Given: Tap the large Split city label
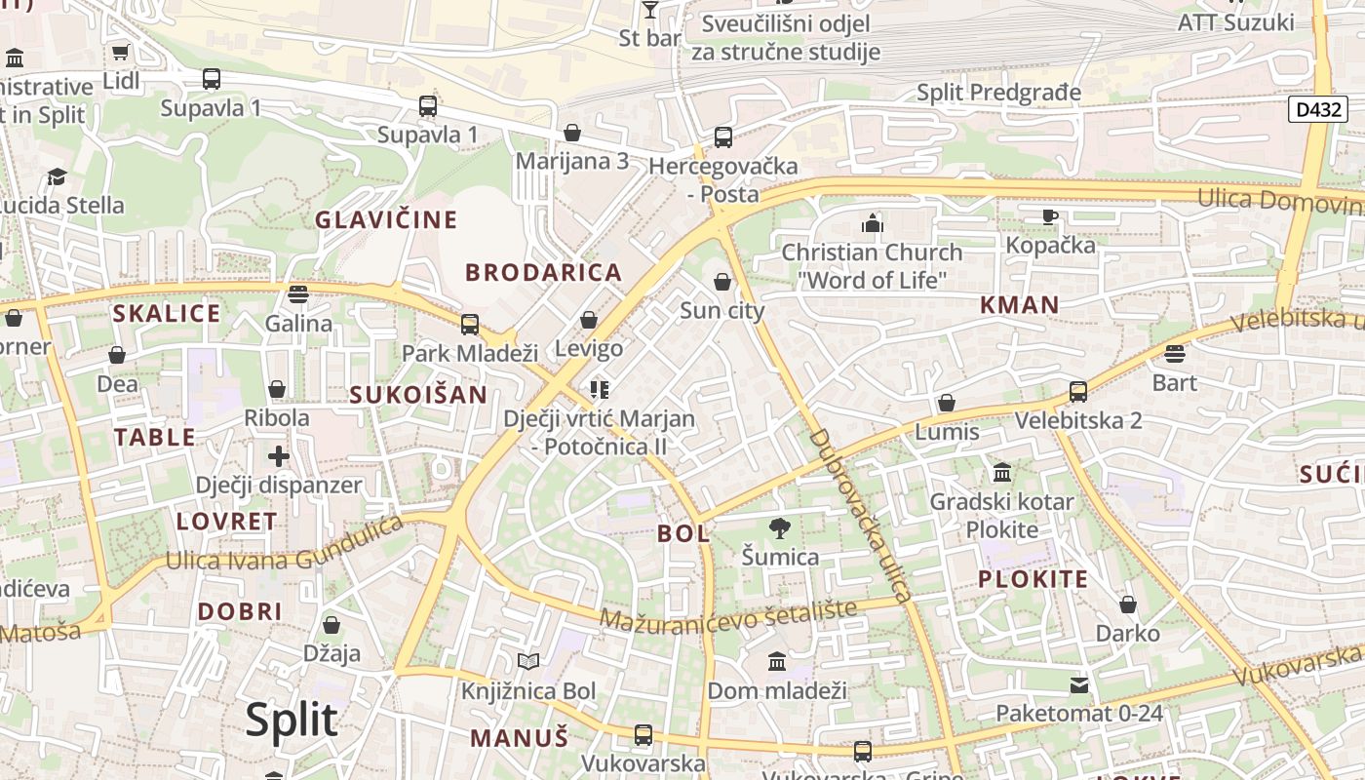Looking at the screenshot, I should [291, 721].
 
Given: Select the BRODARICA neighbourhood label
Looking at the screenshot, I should [543, 272].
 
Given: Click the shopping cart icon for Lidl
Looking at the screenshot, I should [120, 53].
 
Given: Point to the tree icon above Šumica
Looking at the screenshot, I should [779, 528].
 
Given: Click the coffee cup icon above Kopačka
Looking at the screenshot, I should [1049, 216].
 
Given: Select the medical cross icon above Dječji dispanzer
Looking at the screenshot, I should [279, 455].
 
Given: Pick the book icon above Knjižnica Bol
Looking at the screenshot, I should [528, 663].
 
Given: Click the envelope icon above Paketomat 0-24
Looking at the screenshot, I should [1079, 685].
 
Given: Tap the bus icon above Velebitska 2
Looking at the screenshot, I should [1077, 392].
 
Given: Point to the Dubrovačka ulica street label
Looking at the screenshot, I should [860, 514].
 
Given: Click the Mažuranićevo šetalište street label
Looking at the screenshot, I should [728, 614].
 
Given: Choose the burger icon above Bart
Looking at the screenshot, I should [1174, 354].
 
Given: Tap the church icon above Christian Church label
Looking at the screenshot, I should [872, 224].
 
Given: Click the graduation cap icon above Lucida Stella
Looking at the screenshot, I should [57, 176].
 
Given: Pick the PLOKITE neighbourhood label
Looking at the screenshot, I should [1033, 579].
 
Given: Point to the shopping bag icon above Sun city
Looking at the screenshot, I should [721, 283].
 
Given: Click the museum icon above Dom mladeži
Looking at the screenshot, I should [777, 663].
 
